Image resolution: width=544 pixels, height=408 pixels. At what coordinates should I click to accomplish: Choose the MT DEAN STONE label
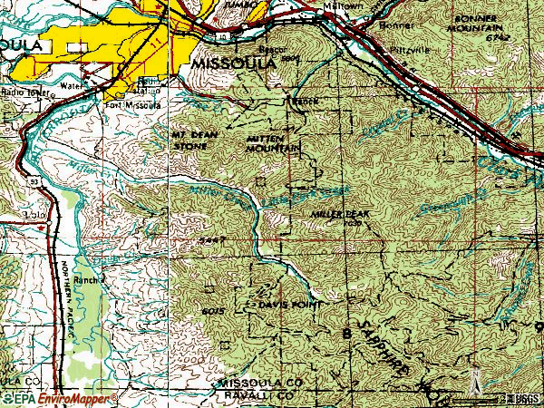tap(195, 138)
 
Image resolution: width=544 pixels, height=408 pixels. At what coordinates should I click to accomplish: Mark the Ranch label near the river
tap(87, 280)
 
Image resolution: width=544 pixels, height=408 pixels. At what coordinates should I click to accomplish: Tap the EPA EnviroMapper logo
tap(59, 398)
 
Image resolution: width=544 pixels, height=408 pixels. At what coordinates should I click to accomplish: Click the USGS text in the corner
tap(524, 399)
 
